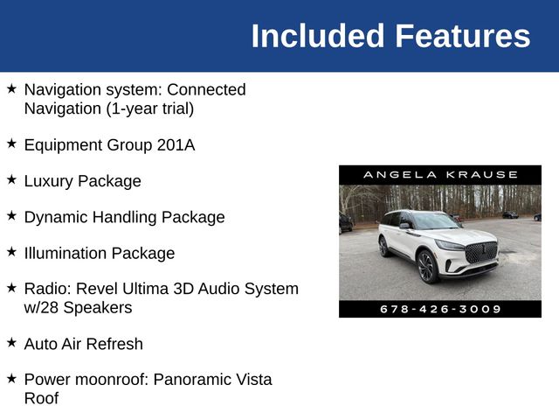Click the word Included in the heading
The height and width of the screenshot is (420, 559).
click(x=318, y=36)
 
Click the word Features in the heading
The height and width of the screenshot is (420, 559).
click(x=462, y=36)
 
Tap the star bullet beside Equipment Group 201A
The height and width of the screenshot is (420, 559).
click(x=11, y=143)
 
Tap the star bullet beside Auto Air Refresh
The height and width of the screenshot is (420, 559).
click(x=11, y=342)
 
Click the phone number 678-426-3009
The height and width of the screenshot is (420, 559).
click(x=440, y=309)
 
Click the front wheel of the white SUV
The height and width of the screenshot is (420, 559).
click(x=427, y=266)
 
